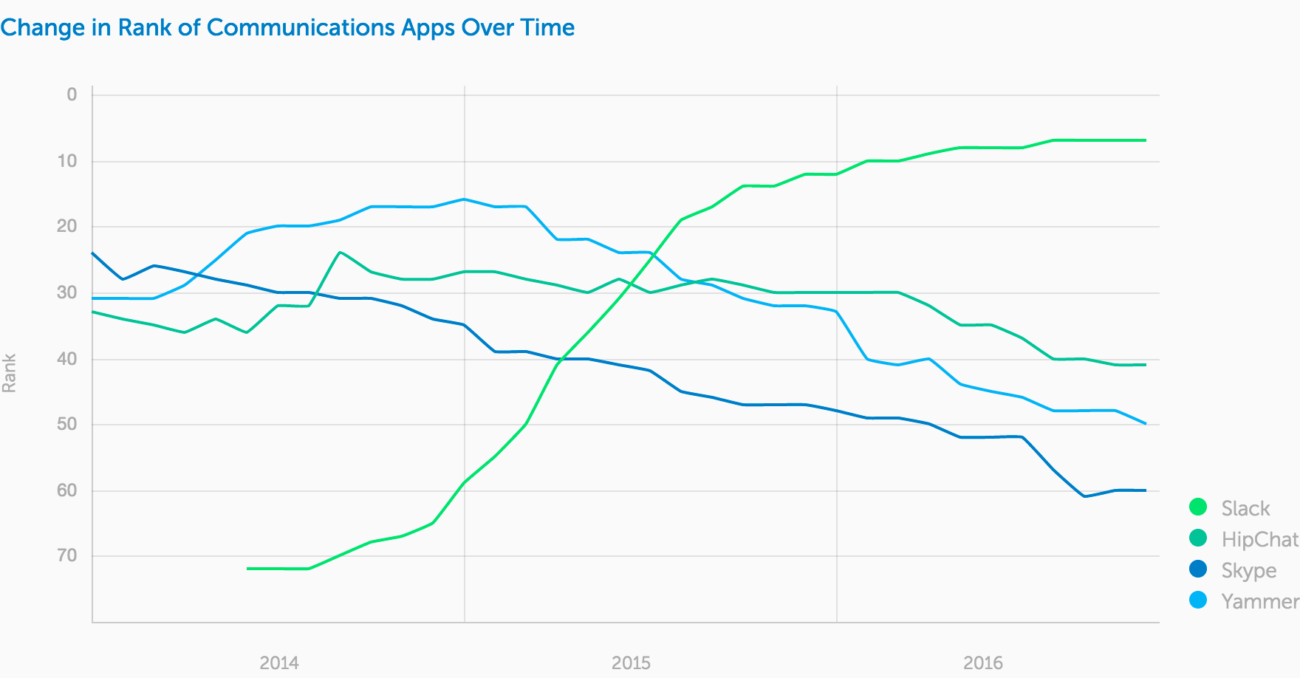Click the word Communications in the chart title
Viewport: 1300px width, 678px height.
tap(301, 27)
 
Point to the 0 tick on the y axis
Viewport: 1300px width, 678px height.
tap(72, 95)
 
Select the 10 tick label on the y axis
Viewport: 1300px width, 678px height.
tap(67, 160)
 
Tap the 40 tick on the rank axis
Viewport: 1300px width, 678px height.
tap(67, 359)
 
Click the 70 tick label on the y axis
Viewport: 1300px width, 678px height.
tap(67, 555)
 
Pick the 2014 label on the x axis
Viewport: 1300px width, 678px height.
tap(279, 662)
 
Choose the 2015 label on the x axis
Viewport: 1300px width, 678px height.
tap(631, 662)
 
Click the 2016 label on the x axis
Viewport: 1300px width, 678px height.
tap(983, 662)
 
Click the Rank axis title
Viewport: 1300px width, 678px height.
tap(10, 373)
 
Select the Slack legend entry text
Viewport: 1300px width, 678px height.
tap(1245, 508)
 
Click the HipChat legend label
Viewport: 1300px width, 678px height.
tap(1259, 539)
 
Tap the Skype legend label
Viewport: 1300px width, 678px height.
tap(1248, 570)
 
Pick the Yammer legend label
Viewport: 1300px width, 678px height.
tap(1259, 601)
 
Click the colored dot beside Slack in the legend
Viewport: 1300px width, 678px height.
tap(1198, 507)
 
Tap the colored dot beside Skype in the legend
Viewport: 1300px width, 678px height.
tap(1198, 569)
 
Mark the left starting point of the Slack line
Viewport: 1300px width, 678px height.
tap(247, 569)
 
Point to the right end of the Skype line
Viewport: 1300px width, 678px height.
tap(1146, 490)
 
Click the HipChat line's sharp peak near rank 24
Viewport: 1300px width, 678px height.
tap(340, 252)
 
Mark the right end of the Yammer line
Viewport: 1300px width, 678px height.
tap(1146, 424)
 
